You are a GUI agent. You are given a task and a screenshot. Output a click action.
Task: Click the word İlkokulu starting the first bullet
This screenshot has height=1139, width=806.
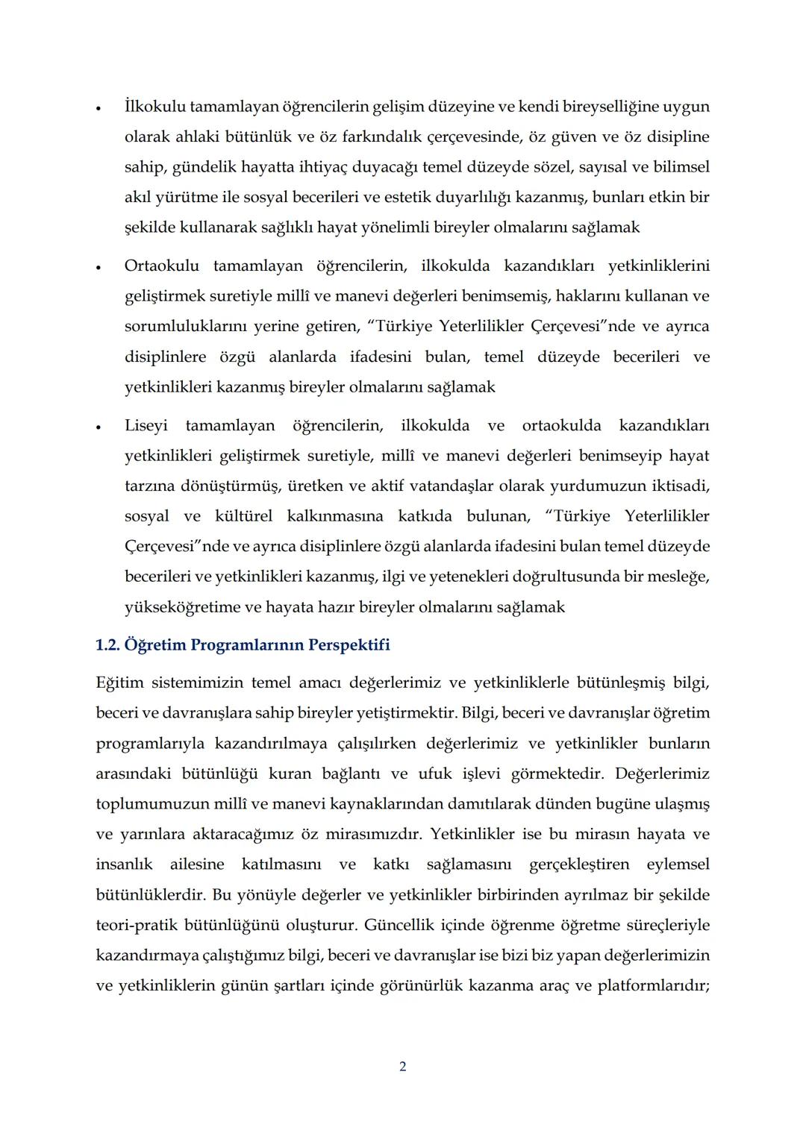coord(154,107)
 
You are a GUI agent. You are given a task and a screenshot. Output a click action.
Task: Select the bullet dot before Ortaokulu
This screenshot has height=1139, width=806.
coord(99,267)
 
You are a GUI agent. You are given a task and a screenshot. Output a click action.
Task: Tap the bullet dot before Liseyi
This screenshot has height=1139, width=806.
coord(99,427)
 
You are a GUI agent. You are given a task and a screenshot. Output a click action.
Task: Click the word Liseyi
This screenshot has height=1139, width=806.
coord(146,426)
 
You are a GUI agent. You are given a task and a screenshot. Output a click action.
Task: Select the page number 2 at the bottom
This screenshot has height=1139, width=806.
coord(403,1067)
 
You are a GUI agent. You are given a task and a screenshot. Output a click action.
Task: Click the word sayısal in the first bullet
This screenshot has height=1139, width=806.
coord(589,167)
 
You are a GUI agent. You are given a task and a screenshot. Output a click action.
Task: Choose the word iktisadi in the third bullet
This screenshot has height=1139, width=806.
coord(679,486)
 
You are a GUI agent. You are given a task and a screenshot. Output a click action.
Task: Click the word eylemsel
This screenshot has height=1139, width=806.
coord(678,865)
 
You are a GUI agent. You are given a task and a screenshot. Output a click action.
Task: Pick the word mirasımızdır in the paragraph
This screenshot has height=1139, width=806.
coord(360,835)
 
